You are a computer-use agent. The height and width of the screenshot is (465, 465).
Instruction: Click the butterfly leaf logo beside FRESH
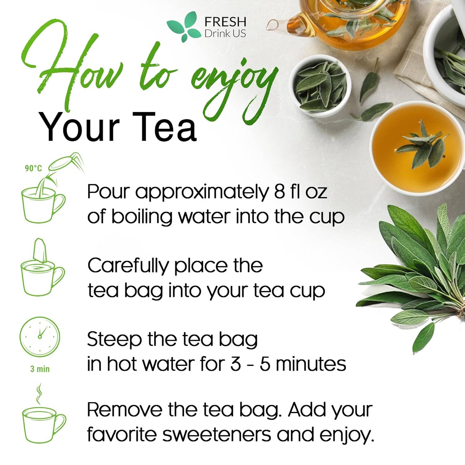coord(184,27)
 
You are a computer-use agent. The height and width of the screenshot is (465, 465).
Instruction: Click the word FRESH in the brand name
coord(225,22)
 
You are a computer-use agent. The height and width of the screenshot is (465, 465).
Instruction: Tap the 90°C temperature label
coord(33,168)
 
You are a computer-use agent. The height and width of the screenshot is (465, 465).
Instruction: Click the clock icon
coord(40,336)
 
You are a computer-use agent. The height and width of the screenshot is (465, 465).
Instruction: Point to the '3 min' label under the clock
coord(40,369)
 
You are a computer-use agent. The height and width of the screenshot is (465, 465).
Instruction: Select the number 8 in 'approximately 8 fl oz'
coord(279,192)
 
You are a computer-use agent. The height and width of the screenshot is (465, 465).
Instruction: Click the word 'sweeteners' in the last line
coord(217,434)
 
